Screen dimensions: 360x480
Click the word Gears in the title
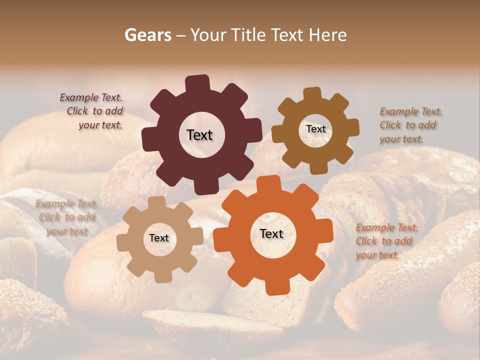[147, 35]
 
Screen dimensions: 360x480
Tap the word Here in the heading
[328, 35]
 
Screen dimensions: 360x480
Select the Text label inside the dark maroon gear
[199, 135]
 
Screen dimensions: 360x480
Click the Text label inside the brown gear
[315, 129]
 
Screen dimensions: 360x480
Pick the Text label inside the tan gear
[159, 238]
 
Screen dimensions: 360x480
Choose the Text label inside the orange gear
[271, 233]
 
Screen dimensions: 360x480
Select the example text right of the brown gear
[410, 125]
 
